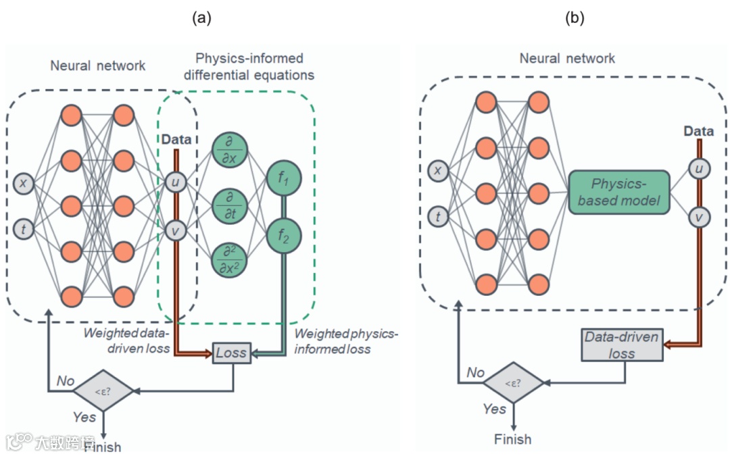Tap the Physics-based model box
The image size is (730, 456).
point(618,193)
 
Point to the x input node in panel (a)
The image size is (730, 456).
point(24,183)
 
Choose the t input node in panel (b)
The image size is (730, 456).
point(439,216)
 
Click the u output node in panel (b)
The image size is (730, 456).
point(699,169)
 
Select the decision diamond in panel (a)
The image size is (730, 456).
point(103,390)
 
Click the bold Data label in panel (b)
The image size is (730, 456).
point(699,130)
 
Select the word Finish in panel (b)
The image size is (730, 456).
point(513,439)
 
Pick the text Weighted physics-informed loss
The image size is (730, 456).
point(347,342)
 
